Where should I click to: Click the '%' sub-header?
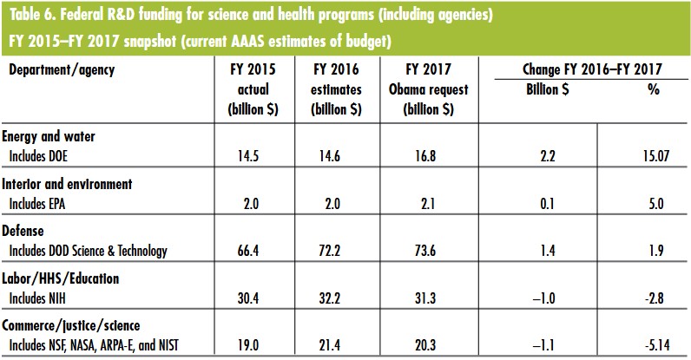(654, 88)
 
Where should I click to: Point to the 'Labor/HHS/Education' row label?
(58, 280)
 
